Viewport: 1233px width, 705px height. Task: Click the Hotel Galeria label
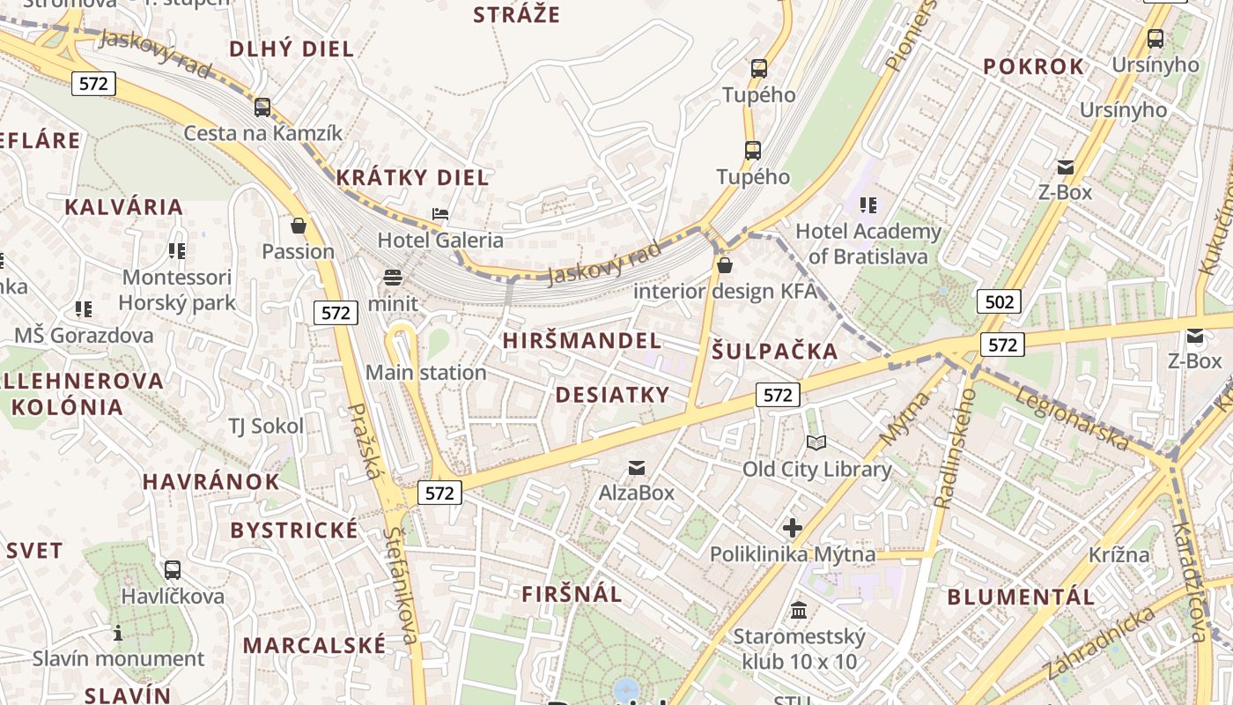[440, 240]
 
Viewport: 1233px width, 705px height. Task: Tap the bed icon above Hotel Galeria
[440, 214]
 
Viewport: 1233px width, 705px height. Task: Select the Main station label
[425, 373]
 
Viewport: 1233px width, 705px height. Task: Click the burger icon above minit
[393, 278]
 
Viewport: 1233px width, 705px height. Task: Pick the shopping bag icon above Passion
[299, 226]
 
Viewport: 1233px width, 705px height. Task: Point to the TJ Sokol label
[266, 427]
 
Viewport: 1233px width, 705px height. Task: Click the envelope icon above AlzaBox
[636, 467]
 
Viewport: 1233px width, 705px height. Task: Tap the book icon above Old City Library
[816, 442]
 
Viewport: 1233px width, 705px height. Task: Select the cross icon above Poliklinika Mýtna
[793, 528]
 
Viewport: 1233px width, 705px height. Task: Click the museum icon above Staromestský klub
[799, 610]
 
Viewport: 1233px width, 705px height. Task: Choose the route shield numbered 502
[999, 302]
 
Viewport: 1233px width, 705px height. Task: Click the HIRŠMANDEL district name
[582, 341]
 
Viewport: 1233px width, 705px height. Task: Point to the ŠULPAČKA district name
[774, 352]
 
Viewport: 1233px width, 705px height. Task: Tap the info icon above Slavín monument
[118, 633]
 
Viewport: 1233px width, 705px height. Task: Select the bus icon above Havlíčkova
[173, 569]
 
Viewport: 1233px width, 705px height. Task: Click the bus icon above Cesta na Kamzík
[262, 108]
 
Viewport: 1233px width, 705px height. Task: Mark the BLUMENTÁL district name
[1021, 597]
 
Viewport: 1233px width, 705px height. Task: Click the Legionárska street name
[1072, 419]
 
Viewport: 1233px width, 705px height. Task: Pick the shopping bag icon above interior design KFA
[725, 265]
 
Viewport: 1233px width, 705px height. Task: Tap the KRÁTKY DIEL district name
[412, 178]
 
